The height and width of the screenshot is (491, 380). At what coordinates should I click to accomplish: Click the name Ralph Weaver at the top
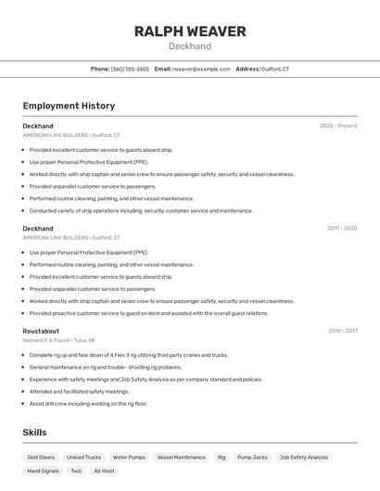(x=190, y=31)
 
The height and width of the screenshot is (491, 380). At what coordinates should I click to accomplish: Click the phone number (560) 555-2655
(x=130, y=69)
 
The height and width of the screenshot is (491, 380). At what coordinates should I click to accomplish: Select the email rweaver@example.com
(x=201, y=69)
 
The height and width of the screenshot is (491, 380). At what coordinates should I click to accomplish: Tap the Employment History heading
(x=69, y=106)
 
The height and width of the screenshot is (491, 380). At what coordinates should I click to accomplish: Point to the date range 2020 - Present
(x=338, y=125)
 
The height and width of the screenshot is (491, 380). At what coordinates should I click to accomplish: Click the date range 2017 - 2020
(x=341, y=228)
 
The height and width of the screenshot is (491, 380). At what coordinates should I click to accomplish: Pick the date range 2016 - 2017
(x=342, y=331)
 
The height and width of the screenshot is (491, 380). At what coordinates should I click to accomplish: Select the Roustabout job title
(x=41, y=331)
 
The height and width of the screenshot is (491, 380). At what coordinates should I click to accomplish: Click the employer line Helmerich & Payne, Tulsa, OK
(x=59, y=340)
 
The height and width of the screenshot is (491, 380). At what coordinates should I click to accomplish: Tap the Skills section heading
(x=34, y=433)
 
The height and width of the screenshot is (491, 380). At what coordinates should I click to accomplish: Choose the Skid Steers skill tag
(x=41, y=457)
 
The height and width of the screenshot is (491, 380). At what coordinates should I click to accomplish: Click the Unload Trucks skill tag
(x=84, y=457)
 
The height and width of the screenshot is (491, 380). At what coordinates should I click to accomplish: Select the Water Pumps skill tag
(x=129, y=457)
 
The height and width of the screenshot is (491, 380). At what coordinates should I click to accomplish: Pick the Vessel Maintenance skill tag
(x=182, y=457)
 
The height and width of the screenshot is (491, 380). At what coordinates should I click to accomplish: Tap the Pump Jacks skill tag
(x=252, y=457)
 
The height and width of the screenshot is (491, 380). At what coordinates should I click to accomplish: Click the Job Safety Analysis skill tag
(x=304, y=457)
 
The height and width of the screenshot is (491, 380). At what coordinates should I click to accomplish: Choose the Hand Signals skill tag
(x=43, y=471)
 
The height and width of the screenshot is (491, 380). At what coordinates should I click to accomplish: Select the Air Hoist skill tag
(x=104, y=471)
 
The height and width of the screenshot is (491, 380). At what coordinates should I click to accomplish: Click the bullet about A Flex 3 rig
(x=128, y=355)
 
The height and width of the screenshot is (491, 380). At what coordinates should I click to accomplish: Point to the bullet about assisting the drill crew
(x=88, y=403)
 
